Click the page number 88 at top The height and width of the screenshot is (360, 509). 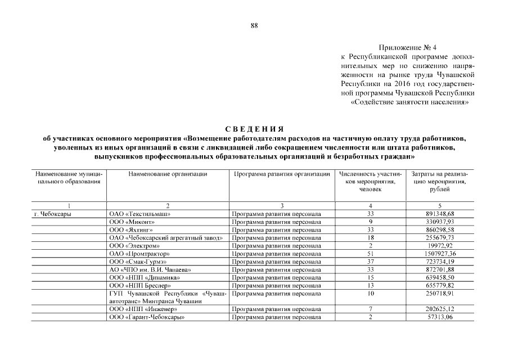(254, 25)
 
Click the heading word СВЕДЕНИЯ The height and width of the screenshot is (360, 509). (254, 129)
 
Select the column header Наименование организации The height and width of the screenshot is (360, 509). (168, 174)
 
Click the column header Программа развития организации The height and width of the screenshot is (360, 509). (282, 174)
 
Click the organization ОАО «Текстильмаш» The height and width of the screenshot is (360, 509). (140, 214)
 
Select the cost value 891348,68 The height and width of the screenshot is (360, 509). (440, 214)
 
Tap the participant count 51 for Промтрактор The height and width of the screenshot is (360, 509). (370, 254)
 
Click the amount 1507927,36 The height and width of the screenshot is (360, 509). (440, 254)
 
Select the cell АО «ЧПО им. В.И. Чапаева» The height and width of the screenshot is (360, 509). (151, 269)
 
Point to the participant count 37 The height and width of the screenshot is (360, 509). (370, 262)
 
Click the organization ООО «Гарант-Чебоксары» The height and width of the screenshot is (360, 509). (147, 317)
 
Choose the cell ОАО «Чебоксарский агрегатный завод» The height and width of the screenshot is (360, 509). (167, 238)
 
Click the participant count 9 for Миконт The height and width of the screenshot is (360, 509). (370, 222)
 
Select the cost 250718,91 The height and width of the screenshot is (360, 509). (440, 294)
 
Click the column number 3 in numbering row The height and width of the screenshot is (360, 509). (282, 206)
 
